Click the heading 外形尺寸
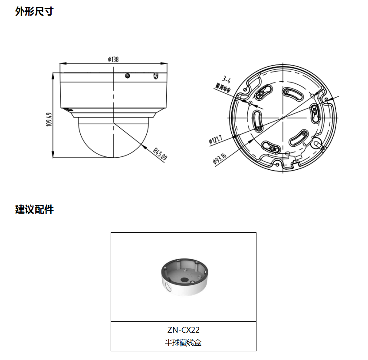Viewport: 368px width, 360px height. (34, 11)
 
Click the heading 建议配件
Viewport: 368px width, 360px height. (34, 209)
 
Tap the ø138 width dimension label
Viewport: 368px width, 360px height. (113, 59)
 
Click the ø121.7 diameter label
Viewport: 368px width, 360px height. (215, 139)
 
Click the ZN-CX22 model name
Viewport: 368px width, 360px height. (183, 330)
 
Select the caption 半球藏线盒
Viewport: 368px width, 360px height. (183, 343)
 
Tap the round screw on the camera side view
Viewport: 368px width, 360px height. (127, 76)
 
